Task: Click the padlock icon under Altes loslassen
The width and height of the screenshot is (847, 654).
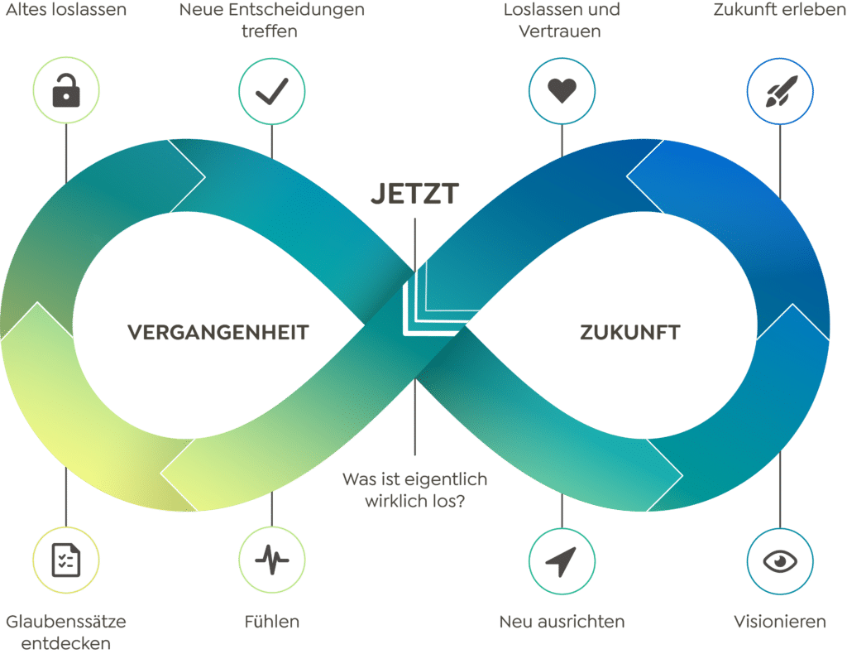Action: [65, 92]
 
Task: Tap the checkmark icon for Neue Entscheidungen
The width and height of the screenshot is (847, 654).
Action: [271, 92]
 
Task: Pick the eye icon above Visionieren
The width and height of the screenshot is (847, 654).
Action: [779, 561]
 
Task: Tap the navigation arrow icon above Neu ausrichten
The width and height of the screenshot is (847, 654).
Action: [561, 561]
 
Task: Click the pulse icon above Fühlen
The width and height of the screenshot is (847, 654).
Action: [271, 561]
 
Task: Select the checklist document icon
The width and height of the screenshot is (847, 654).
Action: [65, 560]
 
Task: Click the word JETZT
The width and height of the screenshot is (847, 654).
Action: [414, 194]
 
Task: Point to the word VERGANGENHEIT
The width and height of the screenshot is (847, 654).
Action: [218, 333]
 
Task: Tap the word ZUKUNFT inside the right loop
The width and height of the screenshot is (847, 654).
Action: [629, 333]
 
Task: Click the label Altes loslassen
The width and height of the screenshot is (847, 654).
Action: [65, 12]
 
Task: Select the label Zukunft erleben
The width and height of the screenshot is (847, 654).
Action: [779, 12]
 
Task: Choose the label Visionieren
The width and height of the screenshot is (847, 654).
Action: [779, 621]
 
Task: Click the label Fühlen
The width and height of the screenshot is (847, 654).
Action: [271, 621]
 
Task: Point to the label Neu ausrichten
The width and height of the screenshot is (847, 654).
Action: [562, 621]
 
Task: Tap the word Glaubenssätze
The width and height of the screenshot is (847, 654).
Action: [65, 621]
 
